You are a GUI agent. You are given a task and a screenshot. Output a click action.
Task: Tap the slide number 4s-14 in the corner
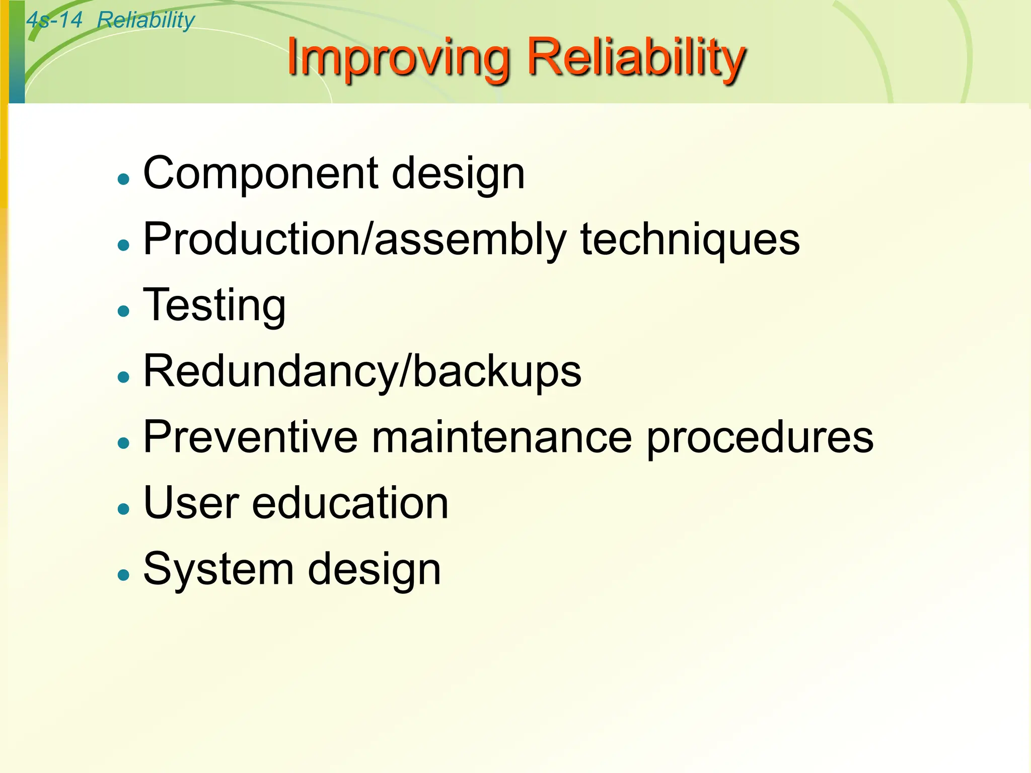(x=54, y=20)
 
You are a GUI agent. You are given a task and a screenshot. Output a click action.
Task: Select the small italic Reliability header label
(x=145, y=20)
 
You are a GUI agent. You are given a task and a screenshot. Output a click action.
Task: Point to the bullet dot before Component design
(x=123, y=179)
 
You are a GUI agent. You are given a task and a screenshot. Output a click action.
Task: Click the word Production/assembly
(x=355, y=240)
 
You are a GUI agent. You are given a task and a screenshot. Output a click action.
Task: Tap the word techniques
(x=690, y=240)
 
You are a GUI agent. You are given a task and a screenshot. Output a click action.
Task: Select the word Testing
(x=214, y=305)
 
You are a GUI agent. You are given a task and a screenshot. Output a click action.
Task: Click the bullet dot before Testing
(x=123, y=311)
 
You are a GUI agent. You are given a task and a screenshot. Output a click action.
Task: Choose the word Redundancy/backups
(x=362, y=371)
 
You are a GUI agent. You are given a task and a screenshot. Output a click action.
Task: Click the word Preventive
(x=250, y=437)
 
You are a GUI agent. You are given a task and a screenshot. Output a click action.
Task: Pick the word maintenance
(x=501, y=437)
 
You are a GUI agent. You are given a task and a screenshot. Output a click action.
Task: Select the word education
(x=350, y=503)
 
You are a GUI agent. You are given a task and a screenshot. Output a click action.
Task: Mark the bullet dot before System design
(x=123, y=574)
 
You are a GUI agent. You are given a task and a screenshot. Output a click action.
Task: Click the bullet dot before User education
(x=123, y=508)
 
